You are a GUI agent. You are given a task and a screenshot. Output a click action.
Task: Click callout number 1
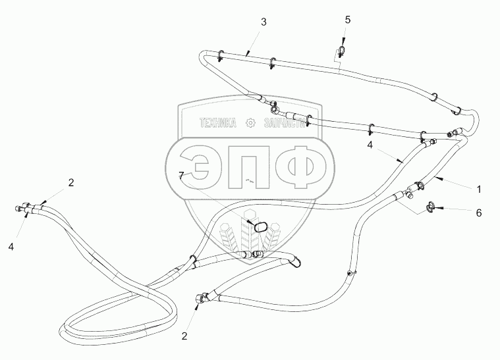pyautogui.click(x=479, y=189)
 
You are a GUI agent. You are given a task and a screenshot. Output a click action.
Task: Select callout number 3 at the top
pyautogui.click(x=264, y=22)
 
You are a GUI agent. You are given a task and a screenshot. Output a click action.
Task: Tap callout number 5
pyautogui.click(x=347, y=20)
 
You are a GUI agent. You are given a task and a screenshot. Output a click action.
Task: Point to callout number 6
pyautogui.click(x=479, y=213)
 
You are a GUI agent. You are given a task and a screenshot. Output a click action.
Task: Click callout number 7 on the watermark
pyautogui.click(x=182, y=175)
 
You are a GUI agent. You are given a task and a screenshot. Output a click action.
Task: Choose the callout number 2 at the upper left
pyautogui.click(x=71, y=182)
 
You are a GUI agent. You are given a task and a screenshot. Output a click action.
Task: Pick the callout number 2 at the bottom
pyautogui.click(x=184, y=336)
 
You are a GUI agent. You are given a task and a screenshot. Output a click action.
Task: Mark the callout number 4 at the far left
pyautogui.click(x=11, y=246)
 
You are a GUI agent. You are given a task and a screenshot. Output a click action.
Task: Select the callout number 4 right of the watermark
pyautogui.click(x=371, y=146)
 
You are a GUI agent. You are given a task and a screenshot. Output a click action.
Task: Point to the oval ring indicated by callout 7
pyautogui.click(x=261, y=226)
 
